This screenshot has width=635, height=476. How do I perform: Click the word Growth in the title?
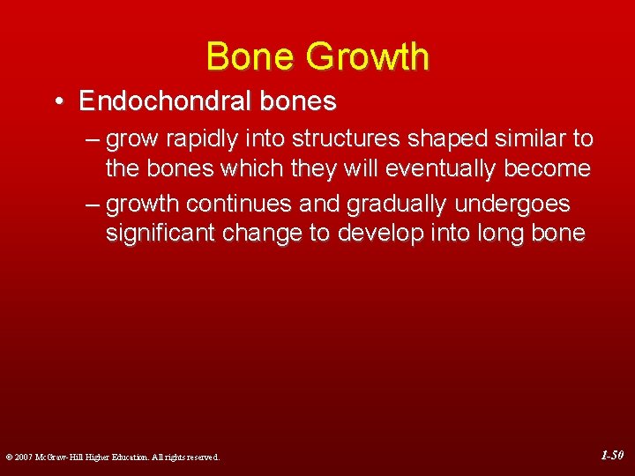point(368,56)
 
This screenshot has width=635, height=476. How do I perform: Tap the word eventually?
point(443,169)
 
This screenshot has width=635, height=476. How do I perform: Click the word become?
point(548,169)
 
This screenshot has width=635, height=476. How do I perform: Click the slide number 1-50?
point(612,456)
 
